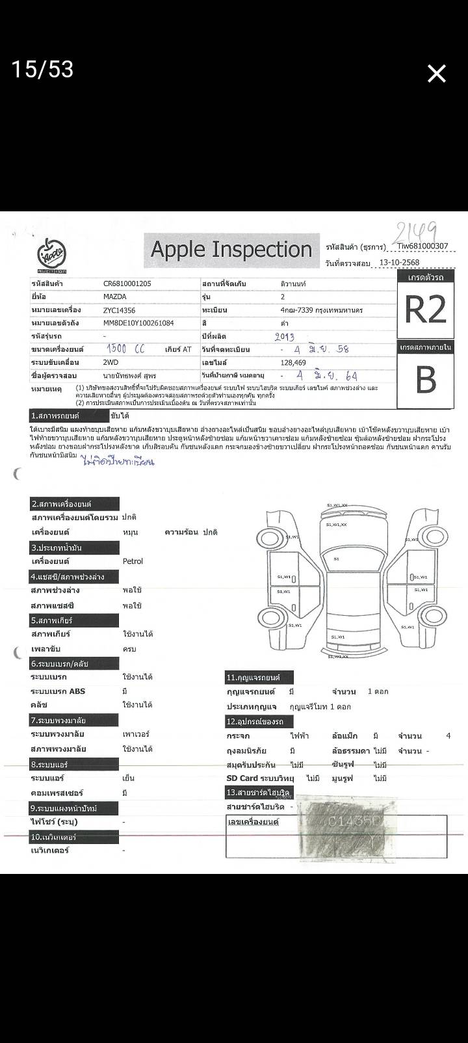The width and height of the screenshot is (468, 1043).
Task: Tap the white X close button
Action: [436, 73]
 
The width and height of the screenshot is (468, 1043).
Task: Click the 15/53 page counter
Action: [42, 69]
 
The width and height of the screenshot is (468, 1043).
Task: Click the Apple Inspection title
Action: [231, 249]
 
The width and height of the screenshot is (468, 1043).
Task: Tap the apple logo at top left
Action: [51, 254]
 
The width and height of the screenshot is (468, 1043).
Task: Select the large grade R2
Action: [426, 310]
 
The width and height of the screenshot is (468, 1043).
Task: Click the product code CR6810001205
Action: [128, 284]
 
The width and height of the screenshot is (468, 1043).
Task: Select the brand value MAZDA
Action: [115, 297]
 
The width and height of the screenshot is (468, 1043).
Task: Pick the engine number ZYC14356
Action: [119, 310]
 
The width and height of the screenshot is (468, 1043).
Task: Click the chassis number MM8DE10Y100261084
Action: [138, 323]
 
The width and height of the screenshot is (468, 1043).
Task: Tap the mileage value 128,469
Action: [294, 362]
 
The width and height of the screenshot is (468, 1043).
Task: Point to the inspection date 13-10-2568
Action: [399, 263]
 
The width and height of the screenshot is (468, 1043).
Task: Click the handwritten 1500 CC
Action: [125, 349]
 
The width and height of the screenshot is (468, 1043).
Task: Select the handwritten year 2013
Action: [285, 336]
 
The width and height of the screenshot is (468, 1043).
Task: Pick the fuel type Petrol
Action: [133, 561]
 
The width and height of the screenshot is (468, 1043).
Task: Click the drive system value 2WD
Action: [110, 362]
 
